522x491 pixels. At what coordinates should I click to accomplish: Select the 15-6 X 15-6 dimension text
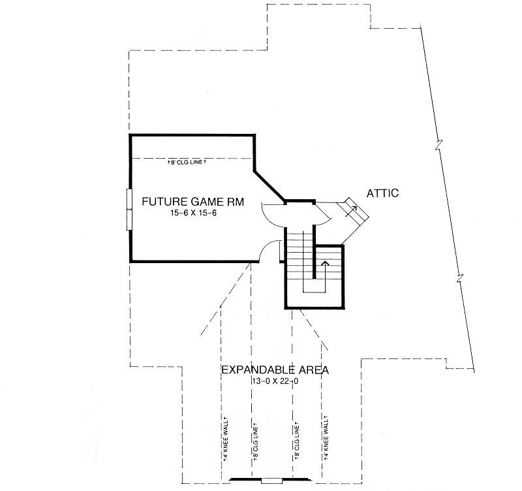pos(193,213)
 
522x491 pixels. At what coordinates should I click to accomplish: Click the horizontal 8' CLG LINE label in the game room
pos(187,162)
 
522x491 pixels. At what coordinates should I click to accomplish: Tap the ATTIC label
pos(382,193)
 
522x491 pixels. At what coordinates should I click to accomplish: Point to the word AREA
pos(313,370)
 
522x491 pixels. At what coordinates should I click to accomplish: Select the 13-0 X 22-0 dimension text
pos(275,381)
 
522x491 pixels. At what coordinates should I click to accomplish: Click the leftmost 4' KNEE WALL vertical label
pos(225,438)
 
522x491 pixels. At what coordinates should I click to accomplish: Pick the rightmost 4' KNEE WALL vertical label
pos(326,437)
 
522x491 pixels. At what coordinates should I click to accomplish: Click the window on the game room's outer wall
pos(129,210)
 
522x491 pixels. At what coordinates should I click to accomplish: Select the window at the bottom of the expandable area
pos(271,481)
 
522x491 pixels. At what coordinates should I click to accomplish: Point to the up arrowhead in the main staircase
pos(325,263)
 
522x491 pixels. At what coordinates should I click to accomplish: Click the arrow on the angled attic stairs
pos(351,212)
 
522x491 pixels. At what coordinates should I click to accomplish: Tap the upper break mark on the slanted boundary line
pos(438,146)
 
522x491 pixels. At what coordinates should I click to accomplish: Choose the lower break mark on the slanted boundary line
pos(460,277)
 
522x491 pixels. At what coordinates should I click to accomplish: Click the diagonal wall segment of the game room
pos(269,186)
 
